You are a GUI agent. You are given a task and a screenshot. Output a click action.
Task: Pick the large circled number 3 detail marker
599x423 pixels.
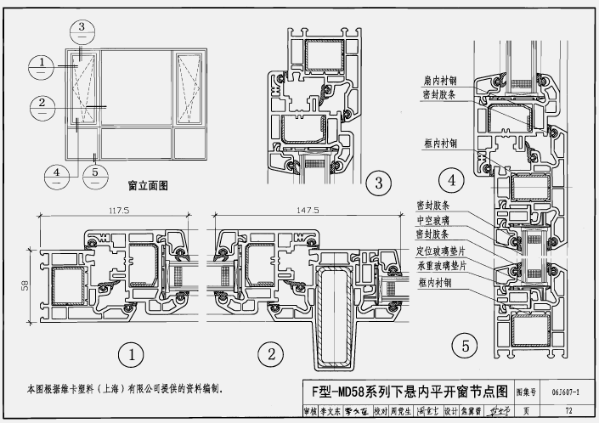[x=377, y=181]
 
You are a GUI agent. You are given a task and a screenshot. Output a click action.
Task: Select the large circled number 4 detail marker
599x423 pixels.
[x=451, y=179]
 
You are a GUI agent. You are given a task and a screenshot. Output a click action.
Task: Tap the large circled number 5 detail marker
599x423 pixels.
[x=463, y=346]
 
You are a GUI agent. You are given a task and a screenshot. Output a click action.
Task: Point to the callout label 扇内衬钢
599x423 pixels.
[x=440, y=81]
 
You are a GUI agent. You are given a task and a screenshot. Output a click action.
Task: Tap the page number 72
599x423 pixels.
[x=568, y=411]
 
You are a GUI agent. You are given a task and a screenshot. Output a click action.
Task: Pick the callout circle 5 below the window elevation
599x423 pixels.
[x=96, y=174]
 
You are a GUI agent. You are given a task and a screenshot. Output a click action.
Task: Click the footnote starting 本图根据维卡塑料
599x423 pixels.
[x=124, y=389]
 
